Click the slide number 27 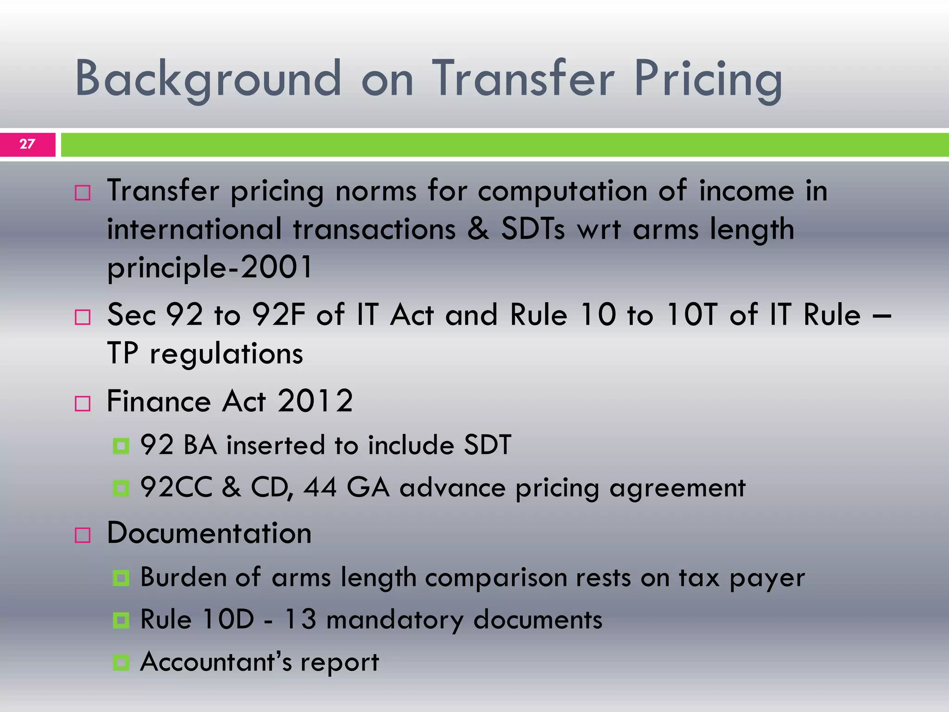[x=27, y=144]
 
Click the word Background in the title [x=208, y=79]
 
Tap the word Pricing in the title [x=708, y=79]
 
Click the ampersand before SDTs [x=478, y=229]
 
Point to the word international [x=194, y=229]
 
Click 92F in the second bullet [x=278, y=315]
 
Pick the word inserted [x=276, y=445]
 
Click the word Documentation [x=209, y=533]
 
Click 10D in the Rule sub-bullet [x=228, y=620]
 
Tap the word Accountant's [x=216, y=661]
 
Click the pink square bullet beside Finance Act [x=82, y=403]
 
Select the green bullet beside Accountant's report [x=121, y=662]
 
